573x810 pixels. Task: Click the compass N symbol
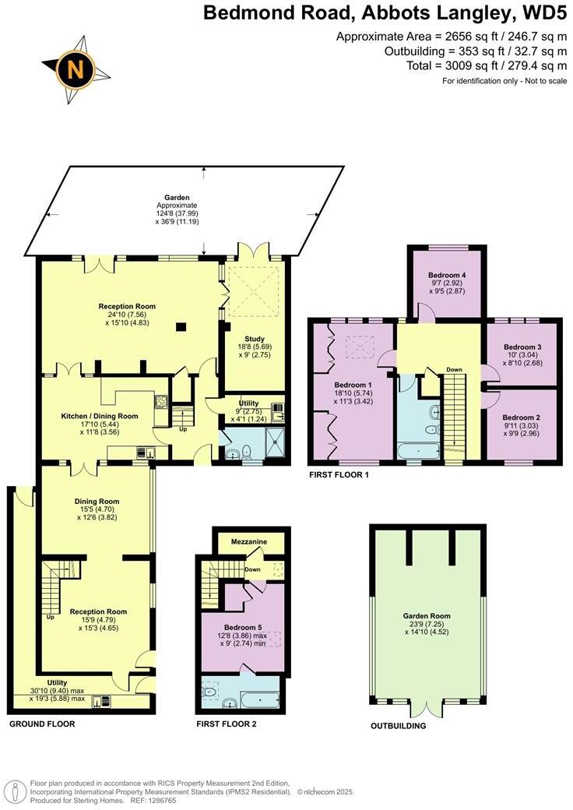coord(76,69)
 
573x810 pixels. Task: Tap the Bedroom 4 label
coord(447,276)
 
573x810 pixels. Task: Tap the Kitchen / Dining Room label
coord(100,416)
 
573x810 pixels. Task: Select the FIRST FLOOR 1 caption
coord(339,474)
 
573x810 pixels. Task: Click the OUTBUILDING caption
coord(398,726)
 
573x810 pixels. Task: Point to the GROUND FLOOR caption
coord(42,724)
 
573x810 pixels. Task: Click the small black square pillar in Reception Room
coord(181,327)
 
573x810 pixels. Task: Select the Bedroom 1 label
coord(353,385)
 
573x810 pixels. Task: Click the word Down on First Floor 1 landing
coord(455,369)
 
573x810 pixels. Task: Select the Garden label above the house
coord(160,199)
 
